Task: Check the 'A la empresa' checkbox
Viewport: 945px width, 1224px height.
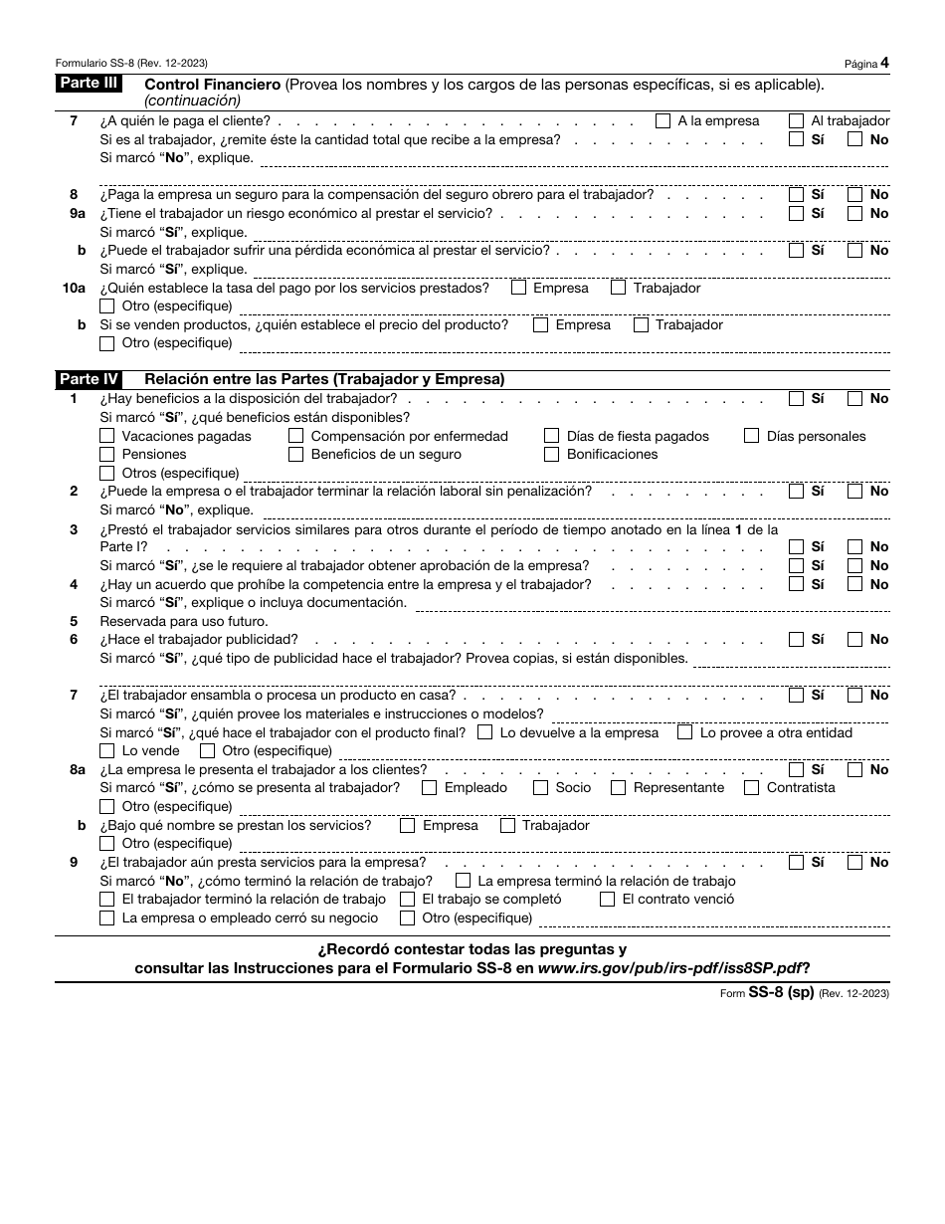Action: coord(663,121)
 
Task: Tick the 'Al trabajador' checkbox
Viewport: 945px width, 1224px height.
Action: coord(796,121)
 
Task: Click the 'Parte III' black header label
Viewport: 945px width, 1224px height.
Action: coord(88,84)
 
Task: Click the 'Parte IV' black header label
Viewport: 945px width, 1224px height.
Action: coord(89,379)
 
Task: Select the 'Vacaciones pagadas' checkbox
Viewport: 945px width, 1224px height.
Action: coord(107,436)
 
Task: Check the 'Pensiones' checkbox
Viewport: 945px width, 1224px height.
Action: coord(107,455)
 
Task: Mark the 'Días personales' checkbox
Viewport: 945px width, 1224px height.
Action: coord(752,436)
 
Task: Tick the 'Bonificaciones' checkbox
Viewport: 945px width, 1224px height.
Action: coord(552,455)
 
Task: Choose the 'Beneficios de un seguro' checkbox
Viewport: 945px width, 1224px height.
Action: coord(295,455)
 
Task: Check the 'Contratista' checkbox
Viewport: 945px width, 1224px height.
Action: coord(752,788)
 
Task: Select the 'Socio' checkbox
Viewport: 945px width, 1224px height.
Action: coord(541,788)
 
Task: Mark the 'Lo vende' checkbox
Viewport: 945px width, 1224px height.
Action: coord(107,751)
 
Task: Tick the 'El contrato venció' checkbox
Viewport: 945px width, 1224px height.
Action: coord(608,900)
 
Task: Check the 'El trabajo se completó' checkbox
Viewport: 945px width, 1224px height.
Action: coord(407,900)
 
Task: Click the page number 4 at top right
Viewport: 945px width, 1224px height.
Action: coord(884,63)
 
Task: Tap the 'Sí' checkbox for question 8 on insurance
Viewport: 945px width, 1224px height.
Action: coord(796,195)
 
